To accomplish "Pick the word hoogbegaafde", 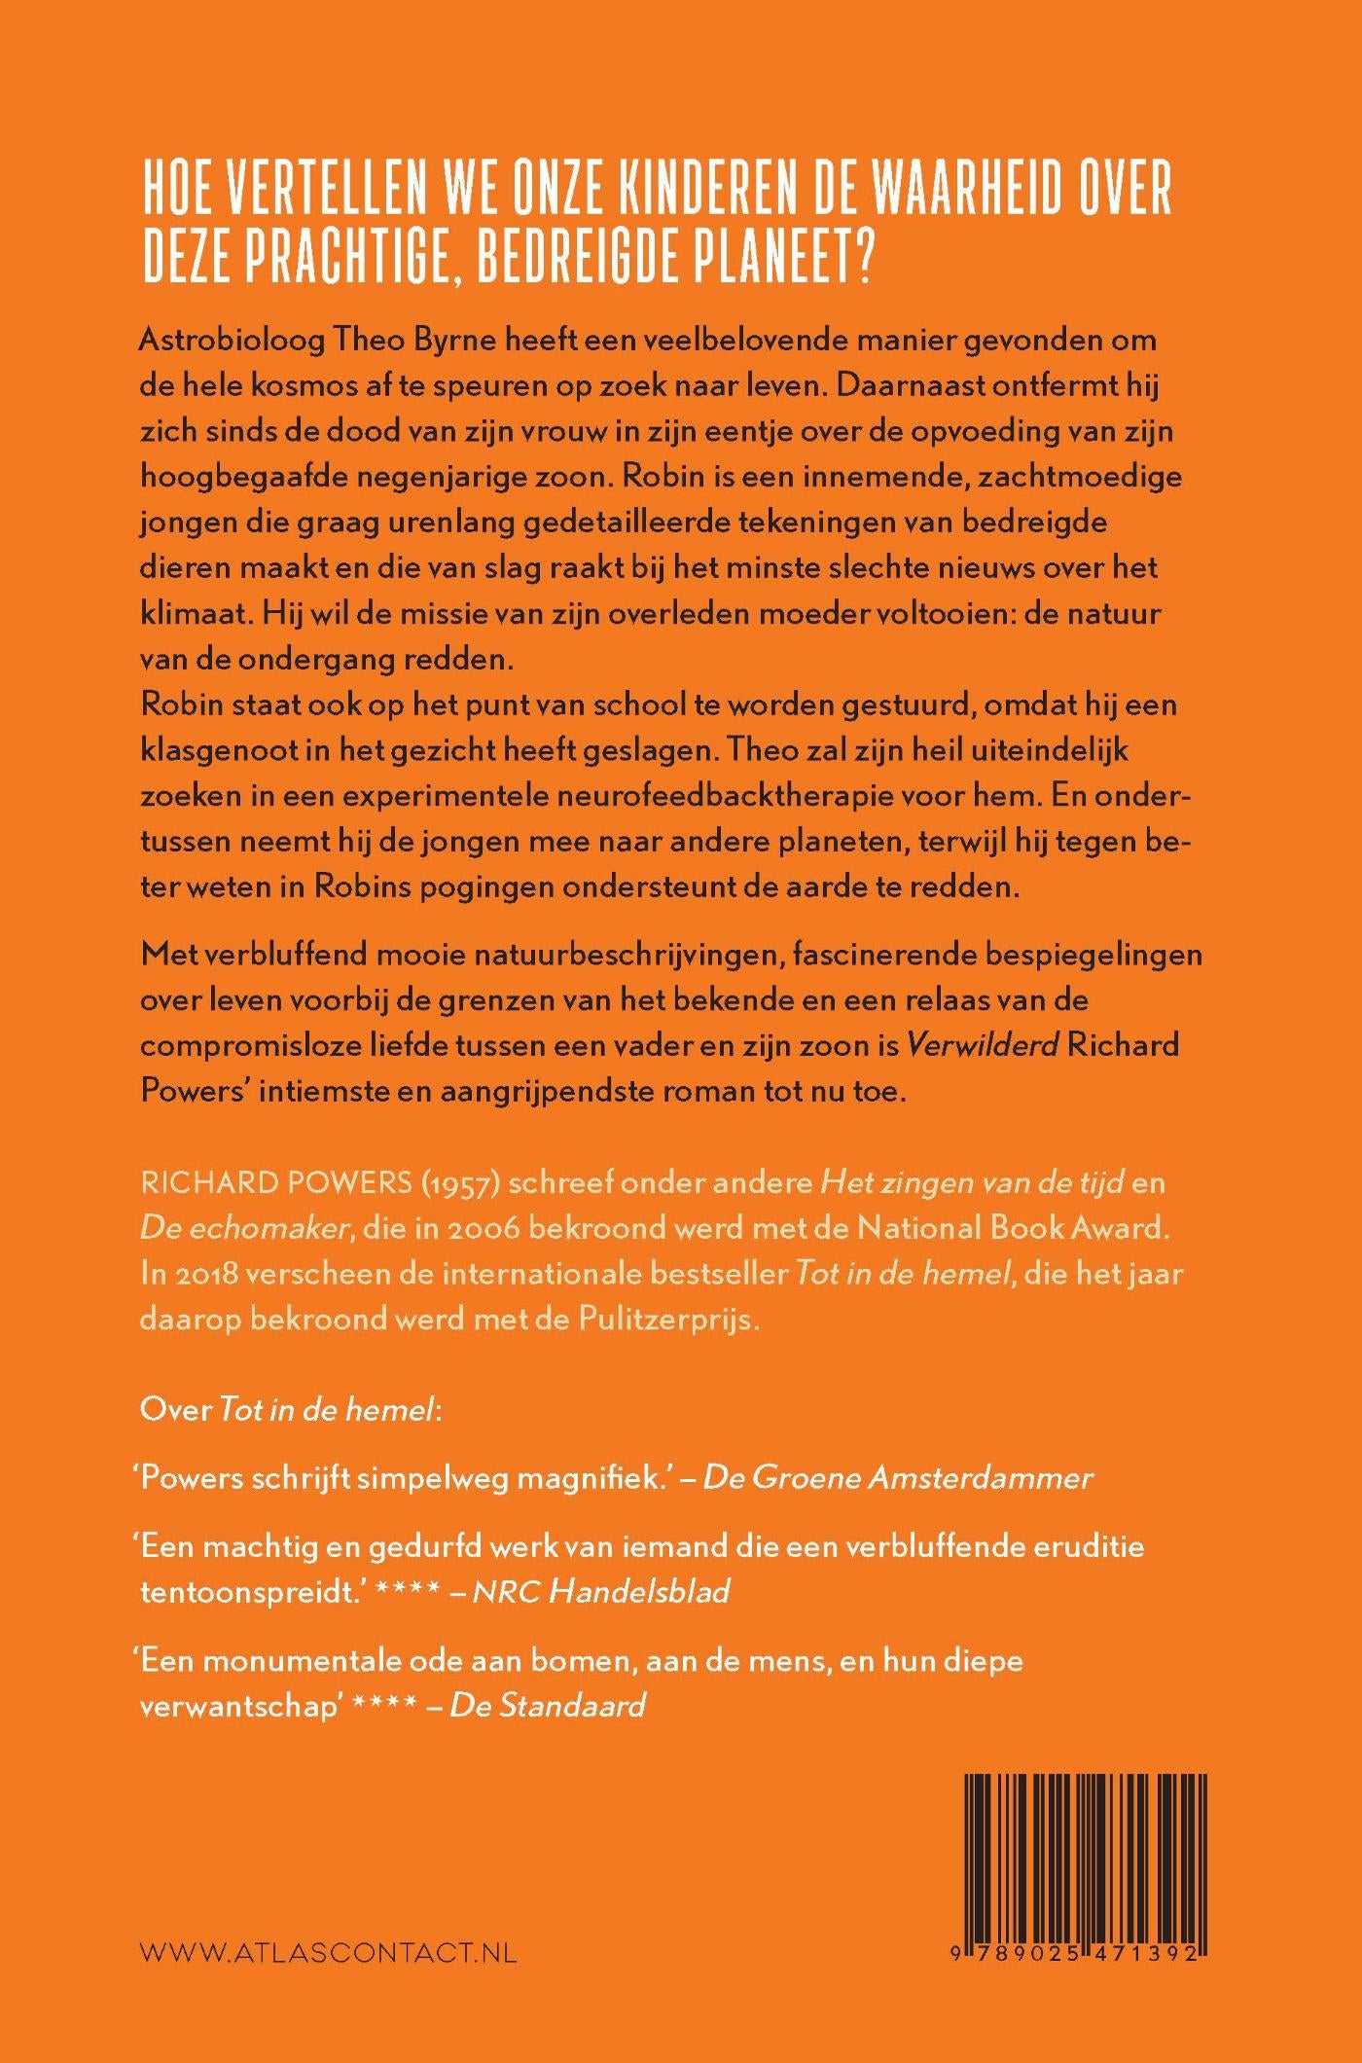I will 249,477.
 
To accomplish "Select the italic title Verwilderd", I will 982,1044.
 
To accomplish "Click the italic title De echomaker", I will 244,1228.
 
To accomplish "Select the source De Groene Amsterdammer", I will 897,1477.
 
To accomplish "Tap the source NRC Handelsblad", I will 600,1591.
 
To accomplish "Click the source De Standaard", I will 548,1705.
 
